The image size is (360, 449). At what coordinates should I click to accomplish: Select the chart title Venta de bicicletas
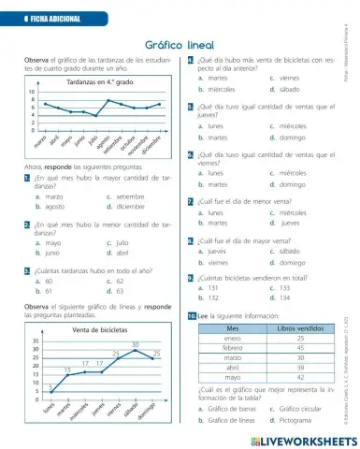click(x=100, y=330)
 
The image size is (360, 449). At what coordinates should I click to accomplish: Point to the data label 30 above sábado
click(x=137, y=346)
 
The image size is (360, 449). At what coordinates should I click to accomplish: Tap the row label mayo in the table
click(x=234, y=376)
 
